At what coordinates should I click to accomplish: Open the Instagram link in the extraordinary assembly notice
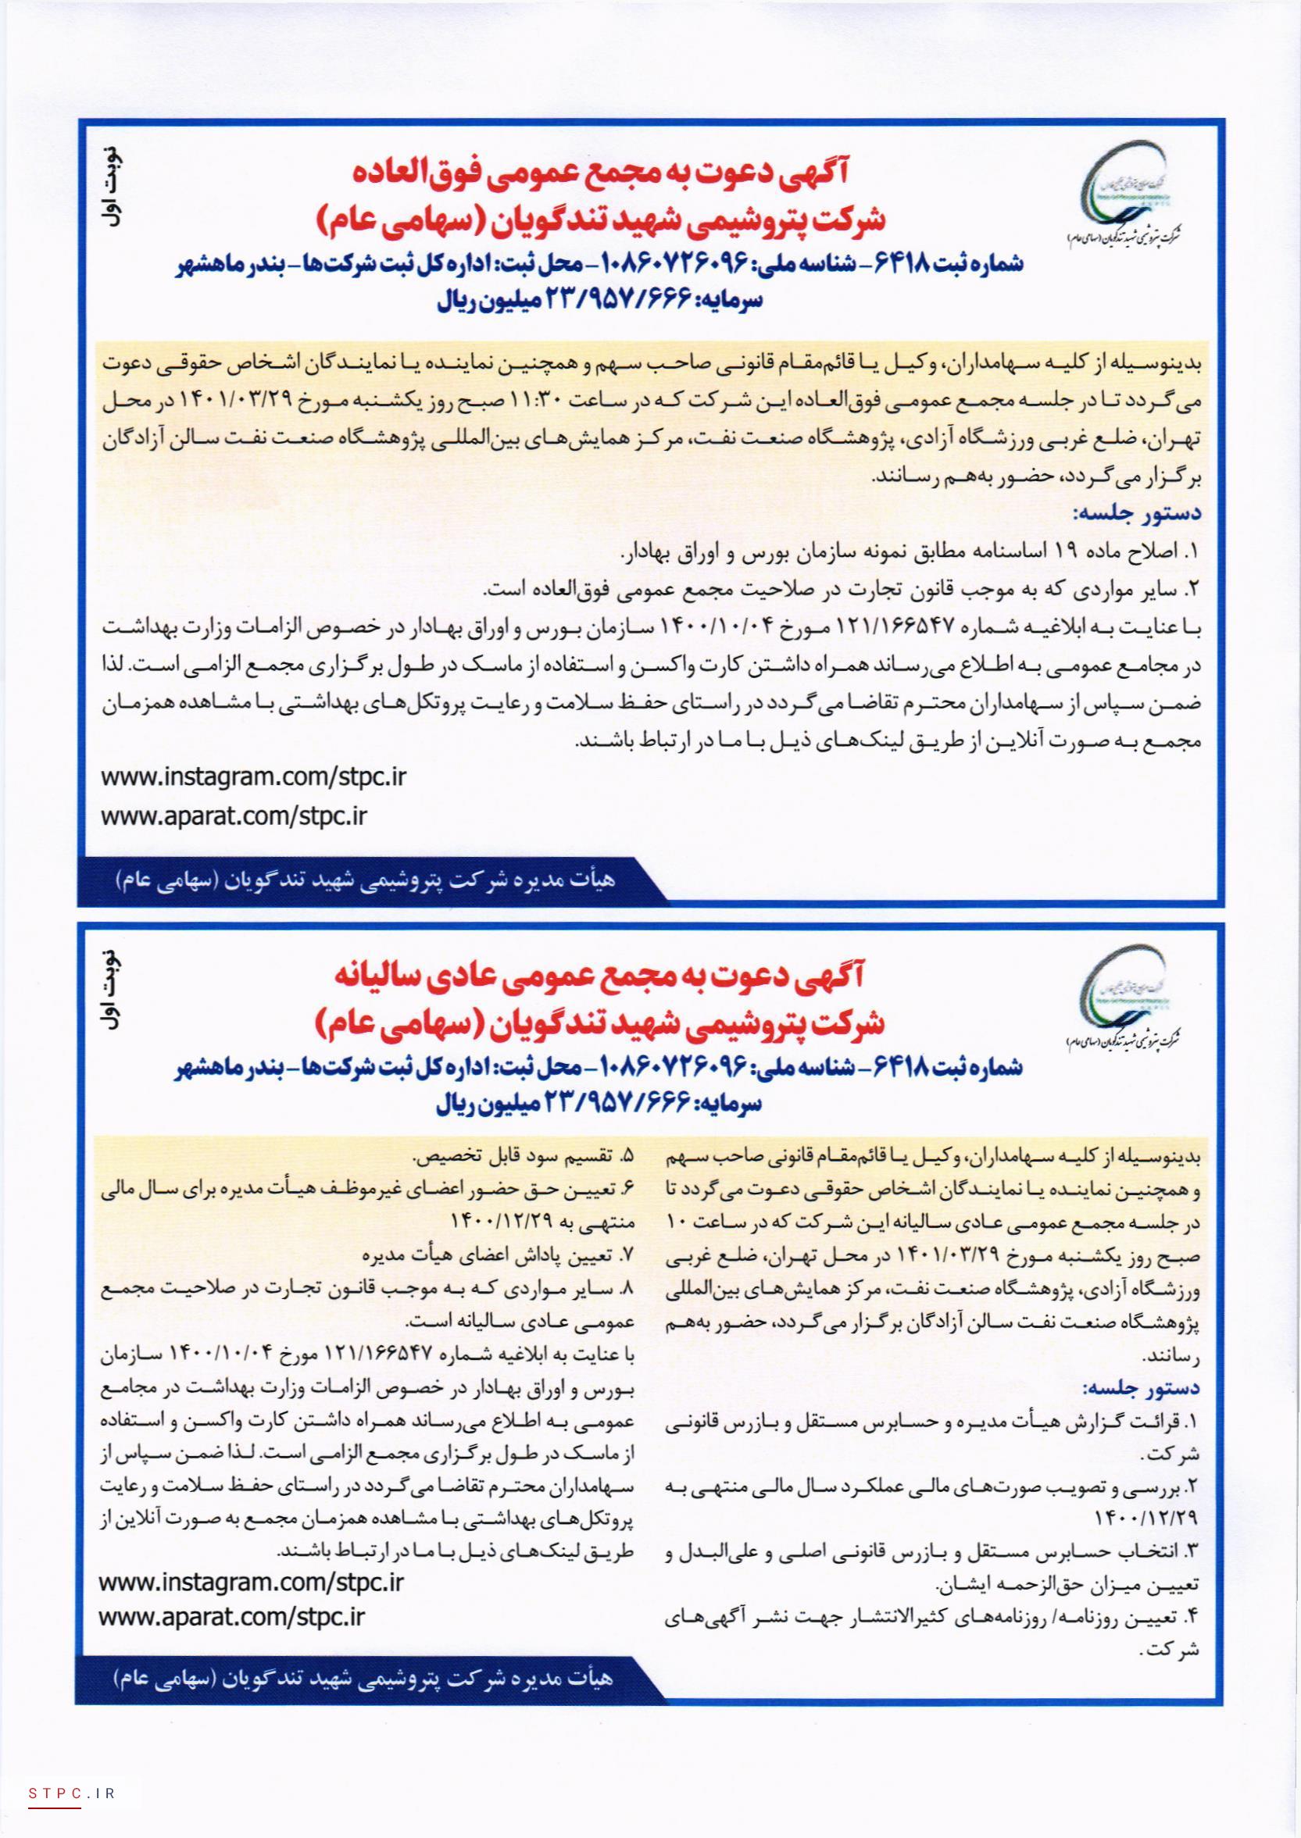[x=254, y=777]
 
